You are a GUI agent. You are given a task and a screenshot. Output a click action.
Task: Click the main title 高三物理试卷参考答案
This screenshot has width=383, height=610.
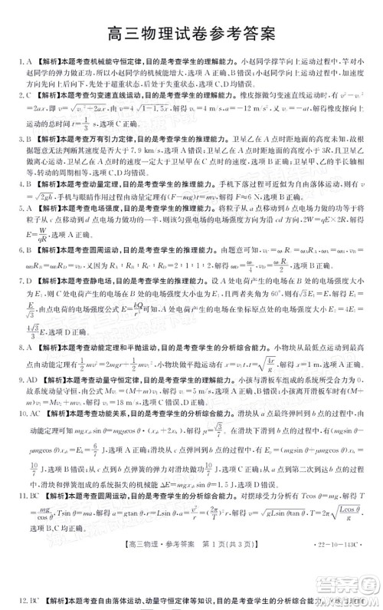[191, 35]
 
